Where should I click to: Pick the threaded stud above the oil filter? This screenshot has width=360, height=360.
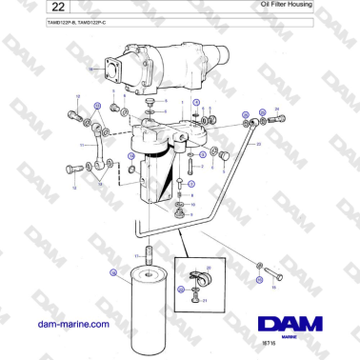click(x=150, y=255)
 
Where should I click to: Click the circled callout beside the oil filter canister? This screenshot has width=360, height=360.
click(x=112, y=273)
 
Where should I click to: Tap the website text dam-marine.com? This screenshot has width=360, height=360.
click(x=72, y=325)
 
